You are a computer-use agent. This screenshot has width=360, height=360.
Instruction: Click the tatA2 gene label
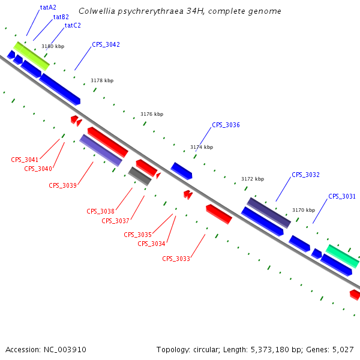(x=48, y=8)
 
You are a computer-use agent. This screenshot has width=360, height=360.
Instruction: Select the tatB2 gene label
(x=61, y=17)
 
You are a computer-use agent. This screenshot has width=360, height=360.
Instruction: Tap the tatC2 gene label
(x=73, y=26)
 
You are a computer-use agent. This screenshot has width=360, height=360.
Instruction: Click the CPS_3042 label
(x=106, y=45)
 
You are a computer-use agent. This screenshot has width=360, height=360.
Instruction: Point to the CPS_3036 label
(x=226, y=125)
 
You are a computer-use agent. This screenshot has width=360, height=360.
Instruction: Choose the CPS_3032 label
(x=305, y=175)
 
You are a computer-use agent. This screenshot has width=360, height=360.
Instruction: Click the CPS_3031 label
(x=341, y=197)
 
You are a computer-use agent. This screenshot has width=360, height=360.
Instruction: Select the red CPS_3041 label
(x=25, y=160)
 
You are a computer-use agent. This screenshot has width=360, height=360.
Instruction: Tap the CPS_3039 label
(x=62, y=185)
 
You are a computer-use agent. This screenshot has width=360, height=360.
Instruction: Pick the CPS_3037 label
(x=115, y=221)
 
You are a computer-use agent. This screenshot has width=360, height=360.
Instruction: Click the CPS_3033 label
(x=176, y=259)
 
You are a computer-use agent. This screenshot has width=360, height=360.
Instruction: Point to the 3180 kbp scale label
(x=53, y=46)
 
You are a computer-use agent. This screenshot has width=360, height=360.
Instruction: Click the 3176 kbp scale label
(x=152, y=114)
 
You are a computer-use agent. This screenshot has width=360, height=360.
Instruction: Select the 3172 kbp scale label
(x=253, y=179)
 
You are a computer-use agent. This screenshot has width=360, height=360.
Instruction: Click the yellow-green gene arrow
(x=31, y=55)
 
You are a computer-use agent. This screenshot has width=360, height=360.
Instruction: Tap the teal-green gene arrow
(x=343, y=256)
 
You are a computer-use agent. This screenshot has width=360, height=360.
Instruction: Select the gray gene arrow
(x=140, y=176)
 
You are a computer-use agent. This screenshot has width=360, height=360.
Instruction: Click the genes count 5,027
(x=341, y=349)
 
